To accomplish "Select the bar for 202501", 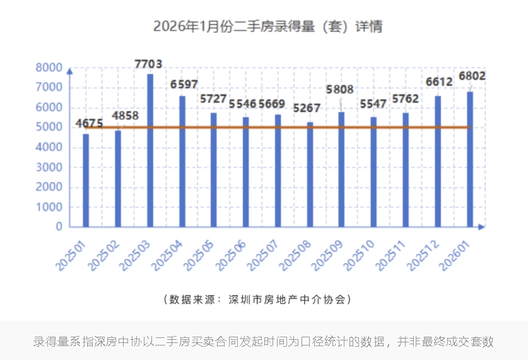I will click(86, 180).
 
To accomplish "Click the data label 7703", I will click(149, 64).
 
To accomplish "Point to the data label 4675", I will click(90, 124).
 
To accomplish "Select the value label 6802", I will click(472, 76).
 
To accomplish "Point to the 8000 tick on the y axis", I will click(49, 67).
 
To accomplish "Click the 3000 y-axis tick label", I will click(49, 167).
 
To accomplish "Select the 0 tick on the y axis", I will click(59, 226).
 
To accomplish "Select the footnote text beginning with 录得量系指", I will click(263, 342).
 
